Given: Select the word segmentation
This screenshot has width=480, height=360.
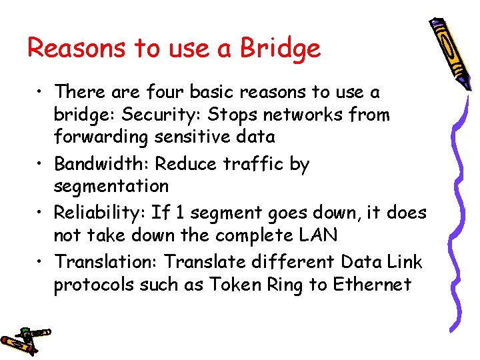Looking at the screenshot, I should coord(111,186).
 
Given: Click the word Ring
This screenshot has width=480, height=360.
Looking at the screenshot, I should coord(285,285).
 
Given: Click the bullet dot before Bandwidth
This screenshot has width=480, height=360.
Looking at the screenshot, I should coord(42,165).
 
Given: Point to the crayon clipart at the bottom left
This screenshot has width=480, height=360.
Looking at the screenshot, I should coord(25,340).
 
